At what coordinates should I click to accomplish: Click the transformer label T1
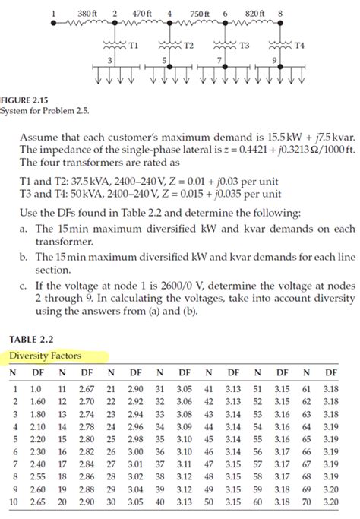(x=133, y=45)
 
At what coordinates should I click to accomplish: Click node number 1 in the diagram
(x=54, y=13)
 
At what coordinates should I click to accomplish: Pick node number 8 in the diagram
(x=280, y=13)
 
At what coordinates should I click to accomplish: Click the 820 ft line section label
(x=254, y=13)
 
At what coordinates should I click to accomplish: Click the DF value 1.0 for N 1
(x=35, y=388)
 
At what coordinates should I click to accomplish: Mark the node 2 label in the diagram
(x=114, y=13)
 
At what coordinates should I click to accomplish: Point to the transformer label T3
(x=244, y=45)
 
